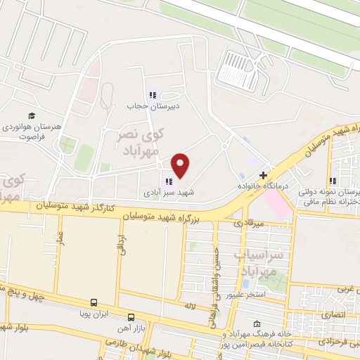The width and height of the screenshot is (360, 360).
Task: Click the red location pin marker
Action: coord(181,165)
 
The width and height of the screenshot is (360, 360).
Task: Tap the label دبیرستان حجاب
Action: coord(154,105)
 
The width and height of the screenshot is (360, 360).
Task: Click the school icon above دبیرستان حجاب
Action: coord(151,95)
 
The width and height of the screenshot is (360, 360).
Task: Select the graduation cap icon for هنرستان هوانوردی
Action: coord(32,115)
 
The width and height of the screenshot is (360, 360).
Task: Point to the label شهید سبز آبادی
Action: coord(168,192)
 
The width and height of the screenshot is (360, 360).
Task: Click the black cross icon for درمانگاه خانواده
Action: coord(263,174)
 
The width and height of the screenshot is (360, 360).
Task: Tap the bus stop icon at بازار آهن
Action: coord(131,316)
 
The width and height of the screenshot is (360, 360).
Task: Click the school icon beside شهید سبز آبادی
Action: coord(168,181)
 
